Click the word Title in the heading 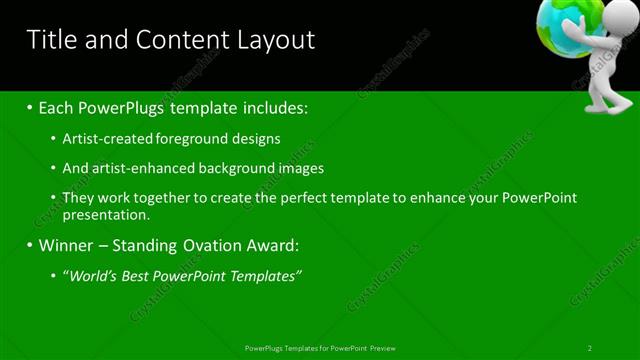click(50, 40)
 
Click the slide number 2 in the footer click(590, 348)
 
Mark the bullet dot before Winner click(31, 245)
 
